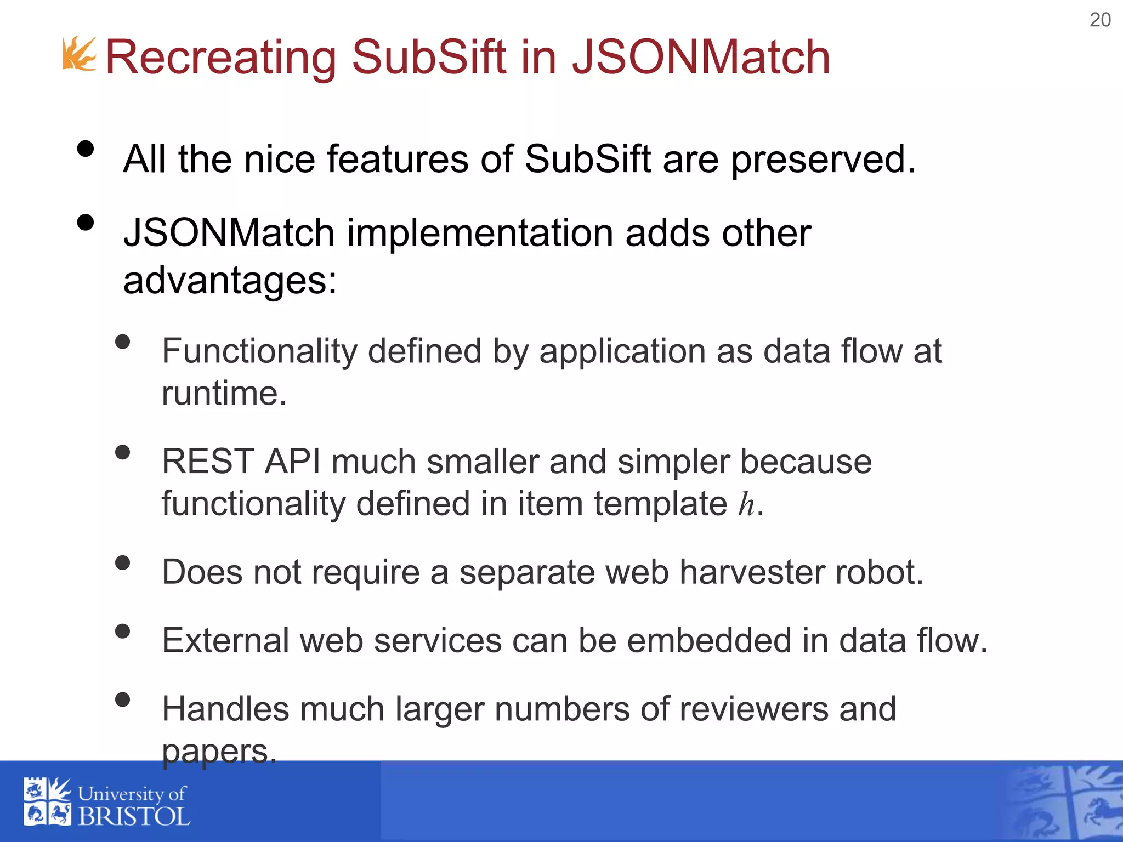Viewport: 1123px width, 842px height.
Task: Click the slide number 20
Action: point(1099,20)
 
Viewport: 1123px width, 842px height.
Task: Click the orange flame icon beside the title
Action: point(80,54)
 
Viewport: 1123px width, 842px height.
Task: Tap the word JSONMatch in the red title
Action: point(701,57)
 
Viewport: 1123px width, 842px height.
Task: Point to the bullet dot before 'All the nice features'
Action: point(86,149)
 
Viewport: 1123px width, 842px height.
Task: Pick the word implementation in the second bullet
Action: point(480,233)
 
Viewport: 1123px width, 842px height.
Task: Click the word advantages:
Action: point(230,280)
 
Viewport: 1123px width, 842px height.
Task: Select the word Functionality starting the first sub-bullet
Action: point(259,351)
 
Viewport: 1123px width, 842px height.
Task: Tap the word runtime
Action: point(224,394)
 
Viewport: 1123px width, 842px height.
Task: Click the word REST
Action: point(208,462)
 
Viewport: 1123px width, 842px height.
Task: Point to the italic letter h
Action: point(746,504)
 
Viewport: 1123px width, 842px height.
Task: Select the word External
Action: point(225,640)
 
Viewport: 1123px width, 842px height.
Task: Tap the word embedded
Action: point(709,640)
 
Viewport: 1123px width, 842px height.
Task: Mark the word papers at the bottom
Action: point(219,751)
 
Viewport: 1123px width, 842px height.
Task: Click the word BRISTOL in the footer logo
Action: point(134,816)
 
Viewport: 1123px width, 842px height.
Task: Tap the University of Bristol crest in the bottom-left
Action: point(47,801)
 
